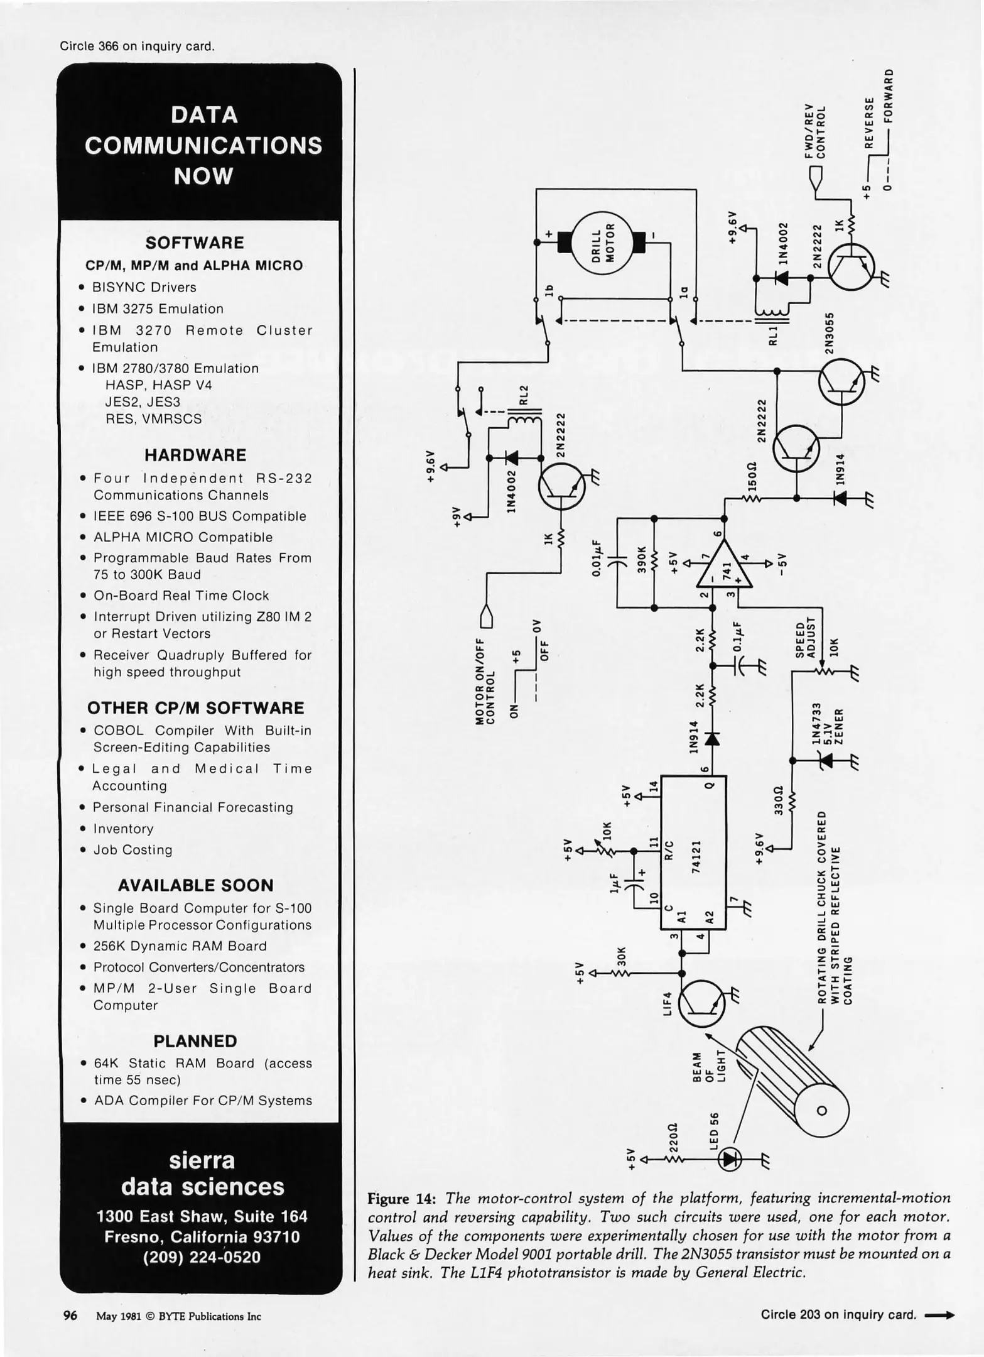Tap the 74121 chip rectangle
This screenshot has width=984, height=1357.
[x=693, y=853]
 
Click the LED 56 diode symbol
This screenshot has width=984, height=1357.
[x=730, y=1158]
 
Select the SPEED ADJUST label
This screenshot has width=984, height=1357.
[x=805, y=640]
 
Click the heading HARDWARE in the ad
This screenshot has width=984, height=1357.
[x=195, y=455]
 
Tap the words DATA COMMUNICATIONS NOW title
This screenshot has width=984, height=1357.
[x=203, y=145]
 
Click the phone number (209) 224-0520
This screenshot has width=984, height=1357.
[x=202, y=1257]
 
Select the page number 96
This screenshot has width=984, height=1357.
[x=70, y=1315]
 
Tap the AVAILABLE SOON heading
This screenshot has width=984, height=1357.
[x=195, y=885]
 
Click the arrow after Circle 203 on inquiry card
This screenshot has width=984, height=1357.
[x=940, y=1314]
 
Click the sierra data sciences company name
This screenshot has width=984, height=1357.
[x=202, y=1173]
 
